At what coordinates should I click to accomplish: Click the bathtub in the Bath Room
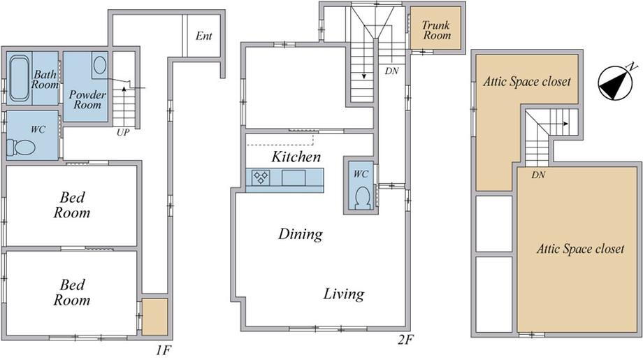[20, 78]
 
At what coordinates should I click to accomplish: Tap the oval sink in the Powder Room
[100, 65]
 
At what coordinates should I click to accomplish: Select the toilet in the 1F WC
[21, 147]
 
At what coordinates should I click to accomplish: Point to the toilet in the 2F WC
[362, 198]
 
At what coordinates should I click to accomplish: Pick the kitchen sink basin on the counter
[294, 178]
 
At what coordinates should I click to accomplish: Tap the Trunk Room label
[436, 30]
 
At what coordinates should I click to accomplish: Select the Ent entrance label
[204, 36]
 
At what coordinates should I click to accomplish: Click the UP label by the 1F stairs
[122, 132]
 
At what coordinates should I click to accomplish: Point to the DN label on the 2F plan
[391, 71]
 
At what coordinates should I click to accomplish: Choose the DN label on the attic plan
[538, 175]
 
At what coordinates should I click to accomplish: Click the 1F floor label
[163, 351]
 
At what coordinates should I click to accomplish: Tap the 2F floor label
[405, 340]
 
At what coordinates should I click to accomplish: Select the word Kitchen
[296, 157]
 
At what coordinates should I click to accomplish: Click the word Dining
[301, 234]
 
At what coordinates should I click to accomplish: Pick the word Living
[344, 294]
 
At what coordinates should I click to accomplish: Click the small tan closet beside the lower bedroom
[155, 317]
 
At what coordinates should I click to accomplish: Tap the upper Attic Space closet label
[527, 82]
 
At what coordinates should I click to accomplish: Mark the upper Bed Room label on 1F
[72, 205]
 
